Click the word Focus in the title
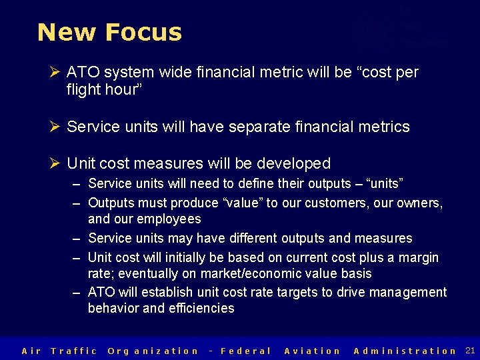pyautogui.click(x=143, y=32)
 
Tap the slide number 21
pyautogui.click(x=470, y=350)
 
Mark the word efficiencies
pyautogui.click(x=201, y=308)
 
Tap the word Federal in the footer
pyautogui.click(x=245, y=351)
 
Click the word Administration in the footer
pyautogui.click(x=405, y=351)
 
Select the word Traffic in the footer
pyautogui.click(x=74, y=351)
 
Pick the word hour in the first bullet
pyautogui.click(x=121, y=89)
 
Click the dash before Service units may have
pyautogui.click(x=77, y=238)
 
